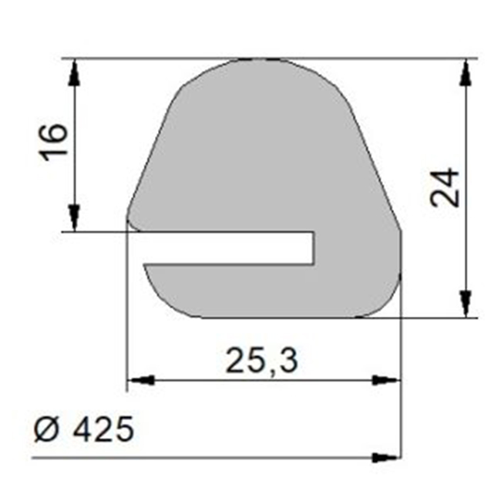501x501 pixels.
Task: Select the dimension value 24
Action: (446, 187)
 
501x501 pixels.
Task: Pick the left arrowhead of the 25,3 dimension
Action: (140, 380)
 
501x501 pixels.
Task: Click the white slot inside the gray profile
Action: (231, 247)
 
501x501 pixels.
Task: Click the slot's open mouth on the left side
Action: (139, 247)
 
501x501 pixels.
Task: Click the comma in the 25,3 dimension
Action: (271, 369)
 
